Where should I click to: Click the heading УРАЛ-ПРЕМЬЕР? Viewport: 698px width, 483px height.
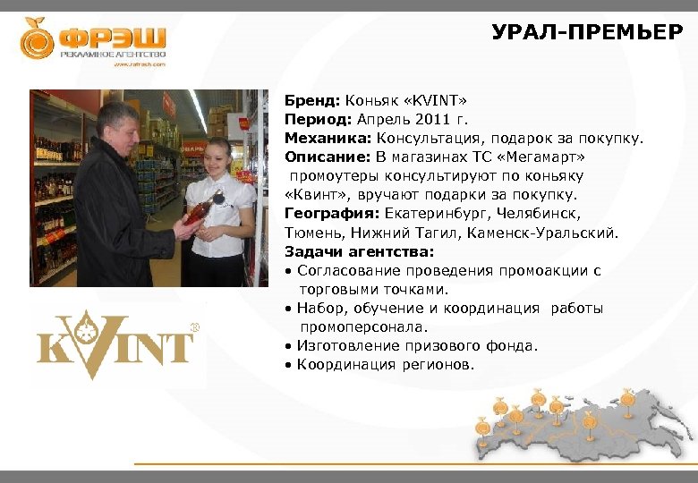587,34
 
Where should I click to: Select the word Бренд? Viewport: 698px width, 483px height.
308,99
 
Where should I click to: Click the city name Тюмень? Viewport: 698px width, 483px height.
312,233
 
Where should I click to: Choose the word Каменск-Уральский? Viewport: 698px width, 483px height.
546,233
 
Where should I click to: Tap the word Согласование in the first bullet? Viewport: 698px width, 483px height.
348,271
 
